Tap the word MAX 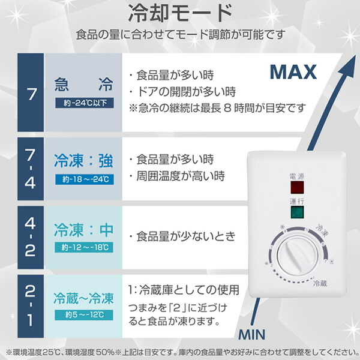(x=292, y=73)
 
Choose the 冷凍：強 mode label (x=83, y=161)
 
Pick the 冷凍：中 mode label (x=83, y=229)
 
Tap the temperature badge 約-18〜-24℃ (x=83, y=179)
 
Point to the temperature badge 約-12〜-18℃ (x=83, y=247)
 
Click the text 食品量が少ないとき (x=186, y=235)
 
